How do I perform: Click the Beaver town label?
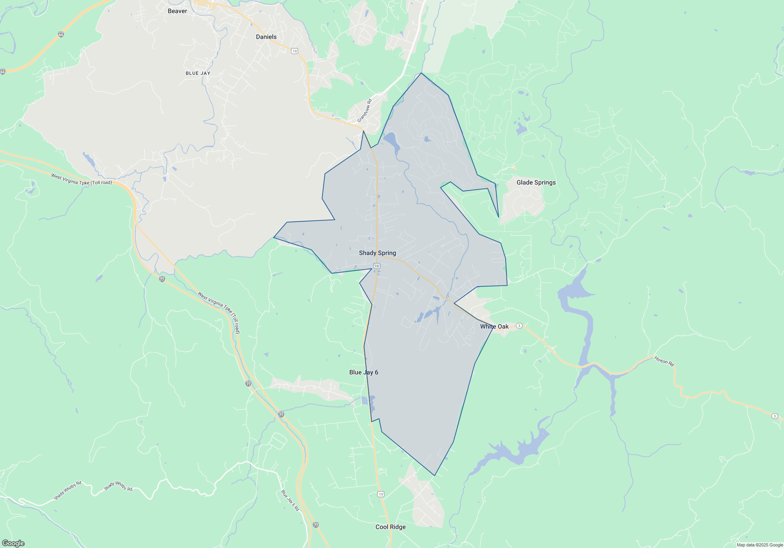pyautogui.click(x=177, y=11)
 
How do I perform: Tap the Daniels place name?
pyautogui.click(x=266, y=37)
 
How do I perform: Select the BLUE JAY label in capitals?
pyautogui.click(x=198, y=73)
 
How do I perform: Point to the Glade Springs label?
pyautogui.click(x=536, y=182)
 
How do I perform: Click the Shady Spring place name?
pyautogui.click(x=377, y=253)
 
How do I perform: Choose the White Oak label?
pyautogui.click(x=494, y=326)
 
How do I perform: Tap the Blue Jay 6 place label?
pyautogui.click(x=364, y=372)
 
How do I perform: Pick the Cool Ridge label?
pyautogui.click(x=390, y=527)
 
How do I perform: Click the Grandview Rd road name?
pyautogui.click(x=364, y=110)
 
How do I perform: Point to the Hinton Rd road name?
pyautogui.click(x=664, y=361)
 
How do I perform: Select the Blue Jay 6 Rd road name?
pyautogui.click(x=290, y=500)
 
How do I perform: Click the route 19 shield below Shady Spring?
pyautogui.click(x=377, y=266)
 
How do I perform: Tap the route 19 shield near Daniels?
pyautogui.click(x=295, y=51)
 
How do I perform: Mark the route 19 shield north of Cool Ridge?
pyautogui.click(x=381, y=494)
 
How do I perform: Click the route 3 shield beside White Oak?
pyautogui.click(x=519, y=326)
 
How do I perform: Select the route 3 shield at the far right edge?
pyautogui.click(x=775, y=416)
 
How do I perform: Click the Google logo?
pyautogui.click(x=13, y=543)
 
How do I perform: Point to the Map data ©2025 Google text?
pyautogui.click(x=760, y=545)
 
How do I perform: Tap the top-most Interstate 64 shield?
pyautogui.click(x=61, y=34)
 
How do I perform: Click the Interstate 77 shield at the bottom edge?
pyautogui.click(x=316, y=525)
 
